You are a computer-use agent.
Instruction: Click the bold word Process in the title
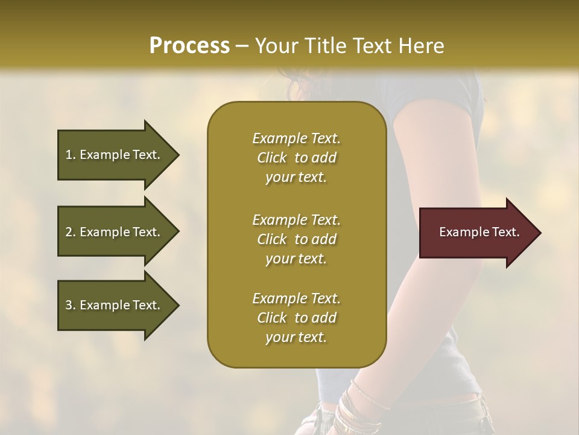tap(189, 46)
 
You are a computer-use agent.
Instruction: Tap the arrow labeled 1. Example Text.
tap(115, 155)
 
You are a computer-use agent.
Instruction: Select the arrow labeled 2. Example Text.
tap(115, 232)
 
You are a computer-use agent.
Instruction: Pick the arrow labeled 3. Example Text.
tap(115, 305)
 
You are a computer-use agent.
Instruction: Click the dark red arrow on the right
tap(476, 233)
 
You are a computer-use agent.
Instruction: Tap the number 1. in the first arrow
tap(71, 155)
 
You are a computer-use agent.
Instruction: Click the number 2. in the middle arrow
tap(71, 232)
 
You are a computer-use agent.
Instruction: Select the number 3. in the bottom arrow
tap(71, 305)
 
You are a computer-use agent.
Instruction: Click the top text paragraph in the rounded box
tap(296, 158)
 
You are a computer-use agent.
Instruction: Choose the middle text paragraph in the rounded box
tap(296, 239)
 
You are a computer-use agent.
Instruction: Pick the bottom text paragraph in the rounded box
tap(296, 318)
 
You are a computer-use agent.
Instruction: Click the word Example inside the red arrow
tap(459, 232)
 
